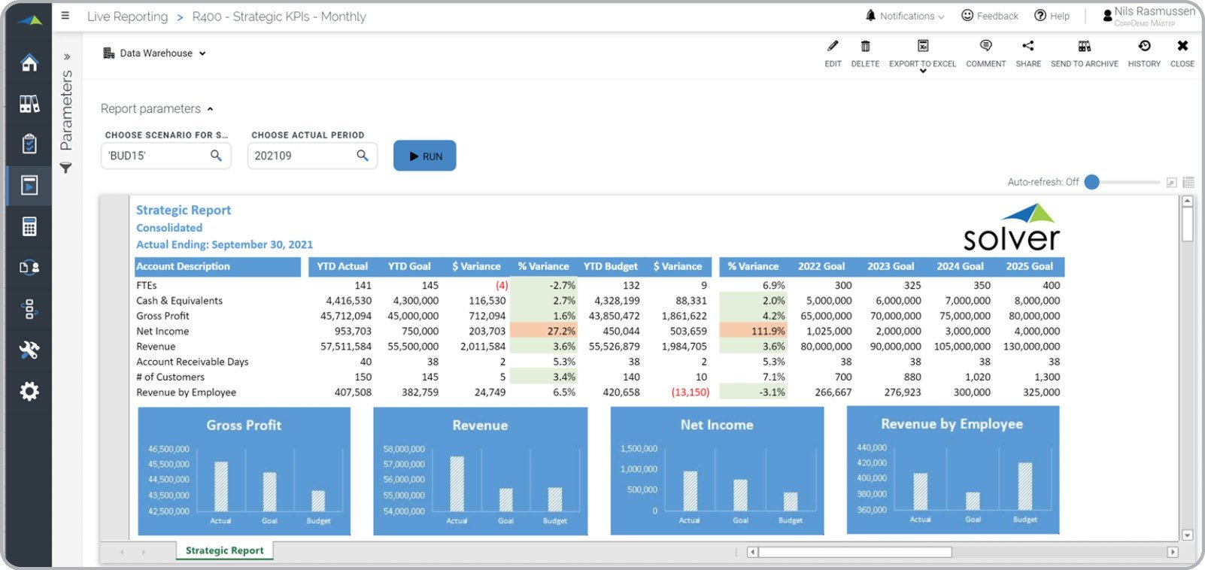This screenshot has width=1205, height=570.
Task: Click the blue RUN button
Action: [424, 156]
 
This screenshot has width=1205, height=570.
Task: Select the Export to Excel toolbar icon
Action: [923, 47]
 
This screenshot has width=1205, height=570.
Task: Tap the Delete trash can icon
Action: [865, 47]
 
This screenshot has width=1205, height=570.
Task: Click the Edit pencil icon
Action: [833, 47]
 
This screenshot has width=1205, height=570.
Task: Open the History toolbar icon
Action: [1144, 47]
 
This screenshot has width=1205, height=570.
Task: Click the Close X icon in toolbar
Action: [1182, 47]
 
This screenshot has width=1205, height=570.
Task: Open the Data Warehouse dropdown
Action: [155, 53]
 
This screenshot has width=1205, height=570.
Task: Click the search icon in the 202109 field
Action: [363, 156]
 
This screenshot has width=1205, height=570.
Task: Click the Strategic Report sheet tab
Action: [224, 550]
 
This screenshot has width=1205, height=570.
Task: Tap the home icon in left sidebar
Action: [29, 62]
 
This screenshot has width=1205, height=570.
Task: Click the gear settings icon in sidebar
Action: [29, 391]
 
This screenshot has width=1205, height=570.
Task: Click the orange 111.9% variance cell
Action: [754, 331]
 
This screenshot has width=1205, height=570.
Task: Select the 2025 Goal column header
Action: [1029, 266]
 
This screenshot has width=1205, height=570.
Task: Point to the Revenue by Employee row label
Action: [186, 392]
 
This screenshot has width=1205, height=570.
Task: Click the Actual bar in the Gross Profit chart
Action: [221, 487]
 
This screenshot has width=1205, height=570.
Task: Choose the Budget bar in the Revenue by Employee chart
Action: [1024, 487]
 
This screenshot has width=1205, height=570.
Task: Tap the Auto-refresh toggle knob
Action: [1092, 182]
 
